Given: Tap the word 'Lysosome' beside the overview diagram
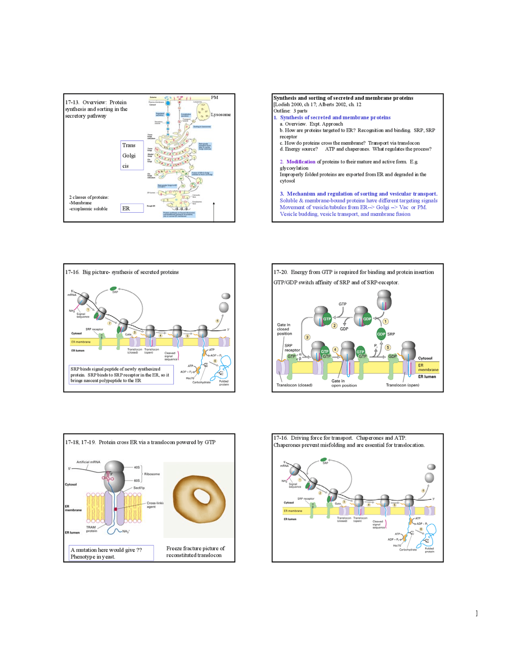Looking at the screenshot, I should (221, 114).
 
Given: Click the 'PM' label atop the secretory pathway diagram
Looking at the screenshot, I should (214, 97).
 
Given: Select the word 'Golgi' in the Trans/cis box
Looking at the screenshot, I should (129, 156).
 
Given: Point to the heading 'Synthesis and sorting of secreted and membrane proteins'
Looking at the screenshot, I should (343, 98).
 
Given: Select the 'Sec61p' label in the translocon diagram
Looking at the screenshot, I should (139, 488).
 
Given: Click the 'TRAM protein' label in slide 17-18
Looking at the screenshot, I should (91, 529).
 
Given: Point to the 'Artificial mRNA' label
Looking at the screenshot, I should (88, 462).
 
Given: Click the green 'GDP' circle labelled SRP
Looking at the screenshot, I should (381, 334).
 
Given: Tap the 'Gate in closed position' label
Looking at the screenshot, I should (283, 329).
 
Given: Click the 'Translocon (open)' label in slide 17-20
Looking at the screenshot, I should (402, 385).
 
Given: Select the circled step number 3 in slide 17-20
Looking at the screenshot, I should (307, 337).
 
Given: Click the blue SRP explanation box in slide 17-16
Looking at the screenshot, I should (121, 375).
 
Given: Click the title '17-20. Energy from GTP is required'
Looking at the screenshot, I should (353, 272).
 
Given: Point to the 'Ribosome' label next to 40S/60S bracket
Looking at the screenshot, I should (152, 474).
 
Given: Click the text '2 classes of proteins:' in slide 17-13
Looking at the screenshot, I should (89, 197).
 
